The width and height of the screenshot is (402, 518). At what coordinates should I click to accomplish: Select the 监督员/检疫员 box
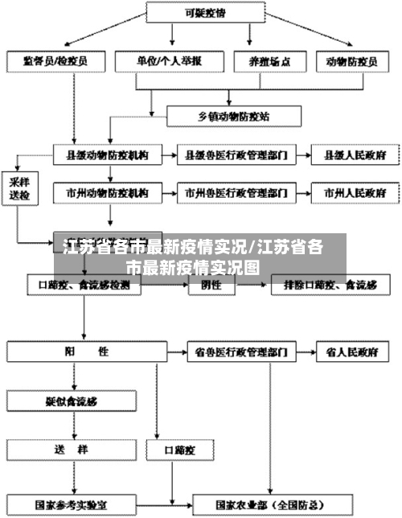click(x=55, y=60)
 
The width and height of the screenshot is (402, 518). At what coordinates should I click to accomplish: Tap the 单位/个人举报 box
click(x=169, y=60)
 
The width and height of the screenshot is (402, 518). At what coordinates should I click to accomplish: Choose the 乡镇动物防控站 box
click(x=233, y=116)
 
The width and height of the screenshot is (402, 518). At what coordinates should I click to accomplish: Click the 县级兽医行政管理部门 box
click(x=236, y=153)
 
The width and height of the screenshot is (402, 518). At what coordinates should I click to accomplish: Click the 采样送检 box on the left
click(x=19, y=187)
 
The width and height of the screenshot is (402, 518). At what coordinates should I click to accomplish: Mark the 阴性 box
click(x=211, y=284)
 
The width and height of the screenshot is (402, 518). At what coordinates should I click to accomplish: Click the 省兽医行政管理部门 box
click(x=236, y=352)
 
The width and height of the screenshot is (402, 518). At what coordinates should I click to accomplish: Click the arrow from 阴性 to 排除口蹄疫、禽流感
click(x=254, y=284)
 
